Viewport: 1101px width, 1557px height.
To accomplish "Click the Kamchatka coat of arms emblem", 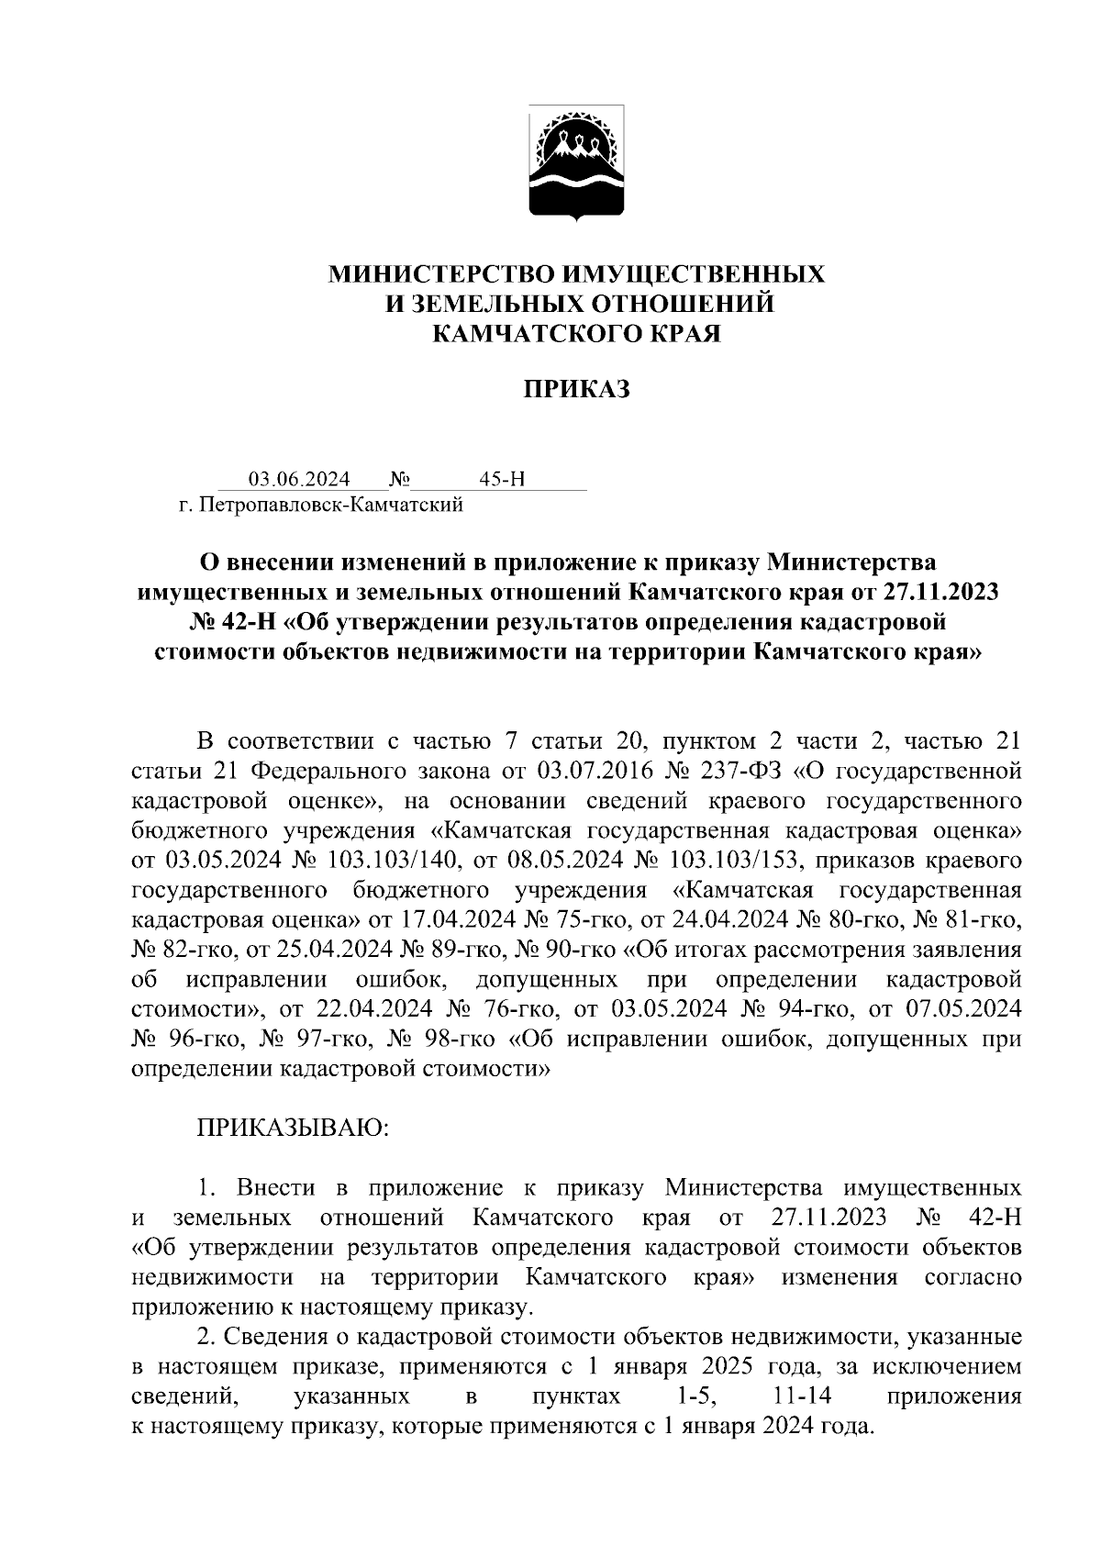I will pyautogui.click(x=577, y=163).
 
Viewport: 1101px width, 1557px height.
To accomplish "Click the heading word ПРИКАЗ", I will pyautogui.click(x=577, y=389).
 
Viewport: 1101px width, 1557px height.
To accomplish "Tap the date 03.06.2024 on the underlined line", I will pyautogui.click(x=299, y=479).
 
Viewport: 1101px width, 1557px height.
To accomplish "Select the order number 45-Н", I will pyautogui.click(x=501, y=479).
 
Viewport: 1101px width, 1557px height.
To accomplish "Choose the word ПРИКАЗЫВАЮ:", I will pyautogui.click(x=294, y=1128).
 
